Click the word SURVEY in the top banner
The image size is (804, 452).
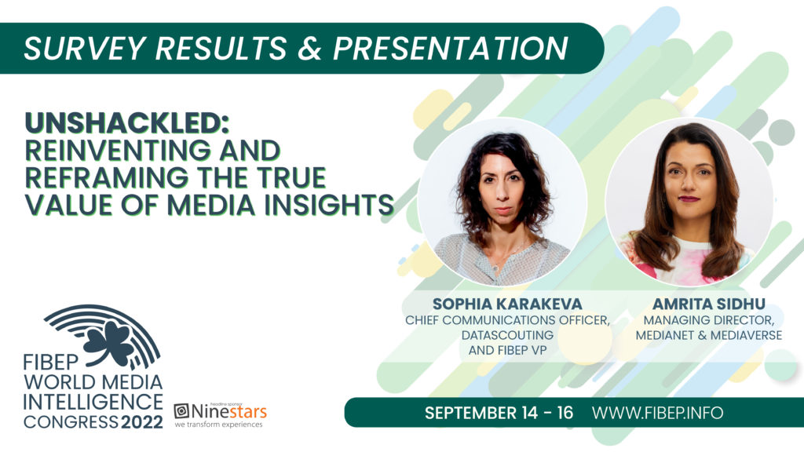click(x=85, y=48)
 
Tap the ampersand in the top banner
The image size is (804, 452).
click(x=309, y=48)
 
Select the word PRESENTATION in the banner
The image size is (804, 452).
click(x=450, y=48)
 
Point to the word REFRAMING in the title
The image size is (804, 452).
click(x=107, y=177)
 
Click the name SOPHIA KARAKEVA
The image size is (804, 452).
click(x=507, y=304)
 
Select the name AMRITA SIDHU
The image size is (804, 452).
click(x=709, y=304)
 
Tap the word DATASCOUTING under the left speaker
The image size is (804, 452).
click(x=507, y=335)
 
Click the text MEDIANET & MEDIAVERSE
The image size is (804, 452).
click(x=709, y=335)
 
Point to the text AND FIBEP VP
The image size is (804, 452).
click(x=507, y=351)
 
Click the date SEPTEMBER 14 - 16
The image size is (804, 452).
click(x=499, y=413)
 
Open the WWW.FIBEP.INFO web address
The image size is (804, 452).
click(x=657, y=413)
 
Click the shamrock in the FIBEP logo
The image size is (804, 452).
click(x=108, y=342)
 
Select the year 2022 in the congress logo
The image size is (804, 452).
click(x=142, y=422)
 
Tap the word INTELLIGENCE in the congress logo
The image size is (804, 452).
click(x=93, y=403)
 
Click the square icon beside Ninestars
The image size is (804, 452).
click(x=181, y=411)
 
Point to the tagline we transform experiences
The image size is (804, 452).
click(x=218, y=425)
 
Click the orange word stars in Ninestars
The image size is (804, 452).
click(x=247, y=411)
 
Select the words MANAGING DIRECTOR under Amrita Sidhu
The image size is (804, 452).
click(x=709, y=320)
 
